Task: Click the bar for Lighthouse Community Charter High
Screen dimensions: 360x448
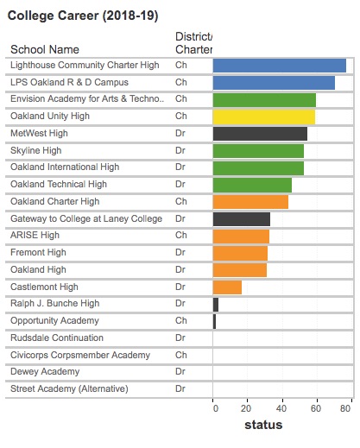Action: pyautogui.click(x=280, y=66)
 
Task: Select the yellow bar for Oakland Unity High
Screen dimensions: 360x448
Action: pyautogui.click(x=264, y=117)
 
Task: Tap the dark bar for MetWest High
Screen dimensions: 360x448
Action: pyautogui.click(x=260, y=134)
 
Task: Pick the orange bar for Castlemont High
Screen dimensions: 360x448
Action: pyautogui.click(x=227, y=287)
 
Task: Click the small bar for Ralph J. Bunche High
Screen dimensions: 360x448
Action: pyautogui.click(x=216, y=305)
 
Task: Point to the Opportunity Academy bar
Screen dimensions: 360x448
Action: pyautogui.click(x=214, y=321)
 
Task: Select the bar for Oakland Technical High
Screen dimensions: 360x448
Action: pyautogui.click(x=252, y=186)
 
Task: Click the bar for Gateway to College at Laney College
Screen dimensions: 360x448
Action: pyautogui.click(x=242, y=219)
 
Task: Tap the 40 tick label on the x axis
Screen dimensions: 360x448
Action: pyautogui.click(x=281, y=408)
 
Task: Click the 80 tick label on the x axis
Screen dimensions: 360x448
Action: pyautogui.click(x=345, y=408)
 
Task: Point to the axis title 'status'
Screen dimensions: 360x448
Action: pyautogui.click(x=263, y=425)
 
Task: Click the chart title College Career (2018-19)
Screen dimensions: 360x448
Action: pyautogui.click(x=83, y=16)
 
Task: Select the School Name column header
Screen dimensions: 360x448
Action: pyautogui.click(x=45, y=49)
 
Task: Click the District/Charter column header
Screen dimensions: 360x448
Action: pyautogui.click(x=194, y=43)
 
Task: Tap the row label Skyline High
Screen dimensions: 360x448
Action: pyautogui.click(x=36, y=150)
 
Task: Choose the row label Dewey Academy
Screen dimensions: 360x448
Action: pyautogui.click(x=45, y=371)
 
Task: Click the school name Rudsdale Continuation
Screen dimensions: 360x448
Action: pyautogui.click(x=57, y=338)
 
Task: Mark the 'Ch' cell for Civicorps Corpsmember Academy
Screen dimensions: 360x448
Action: pyautogui.click(x=181, y=355)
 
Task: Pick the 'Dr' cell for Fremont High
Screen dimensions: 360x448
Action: pyautogui.click(x=180, y=252)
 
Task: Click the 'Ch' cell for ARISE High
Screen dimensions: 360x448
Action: pyautogui.click(x=181, y=235)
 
